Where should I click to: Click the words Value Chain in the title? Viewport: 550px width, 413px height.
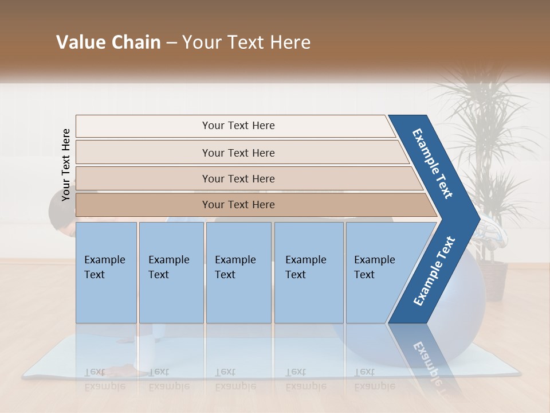(x=108, y=42)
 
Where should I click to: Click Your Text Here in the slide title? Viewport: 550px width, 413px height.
(x=246, y=42)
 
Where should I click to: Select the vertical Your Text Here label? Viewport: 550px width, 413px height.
(x=66, y=165)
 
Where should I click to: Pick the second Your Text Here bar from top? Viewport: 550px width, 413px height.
(x=238, y=153)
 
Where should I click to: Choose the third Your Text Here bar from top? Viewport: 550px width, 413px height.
(x=238, y=178)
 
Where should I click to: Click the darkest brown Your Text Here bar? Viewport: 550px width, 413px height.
(x=238, y=205)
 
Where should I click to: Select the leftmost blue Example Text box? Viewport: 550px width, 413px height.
(x=106, y=272)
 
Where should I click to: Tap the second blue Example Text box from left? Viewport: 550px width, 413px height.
(x=171, y=272)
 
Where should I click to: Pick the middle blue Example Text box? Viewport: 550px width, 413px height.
(x=238, y=272)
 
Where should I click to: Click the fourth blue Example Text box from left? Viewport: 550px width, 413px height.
(x=308, y=272)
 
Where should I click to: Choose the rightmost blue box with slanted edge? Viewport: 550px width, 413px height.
(x=378, y=272)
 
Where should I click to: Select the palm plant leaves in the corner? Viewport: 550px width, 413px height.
(x=487, y=126)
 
